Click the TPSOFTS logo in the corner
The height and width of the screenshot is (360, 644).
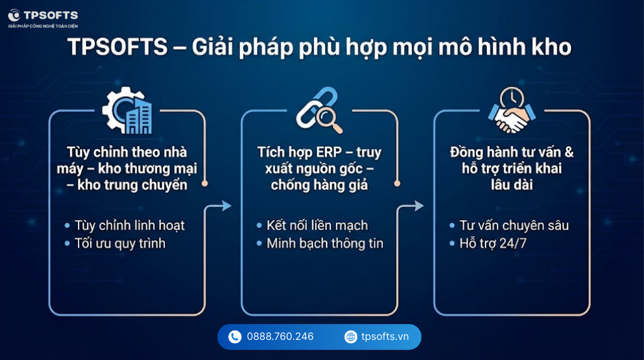coord(14,15)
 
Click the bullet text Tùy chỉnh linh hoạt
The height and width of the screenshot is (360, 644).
coord(129,225)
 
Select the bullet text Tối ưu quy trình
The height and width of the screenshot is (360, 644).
coord(119,243)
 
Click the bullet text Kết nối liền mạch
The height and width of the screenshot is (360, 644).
coord(317,225)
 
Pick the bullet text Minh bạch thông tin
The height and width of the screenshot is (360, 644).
coord(325,244)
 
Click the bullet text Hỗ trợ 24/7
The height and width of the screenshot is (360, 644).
coord(492,243)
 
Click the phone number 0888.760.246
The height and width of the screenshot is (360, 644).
coord(280,337)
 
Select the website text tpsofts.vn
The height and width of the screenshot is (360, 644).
coord(385,337)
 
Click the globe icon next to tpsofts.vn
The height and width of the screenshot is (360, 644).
coord(350,337)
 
